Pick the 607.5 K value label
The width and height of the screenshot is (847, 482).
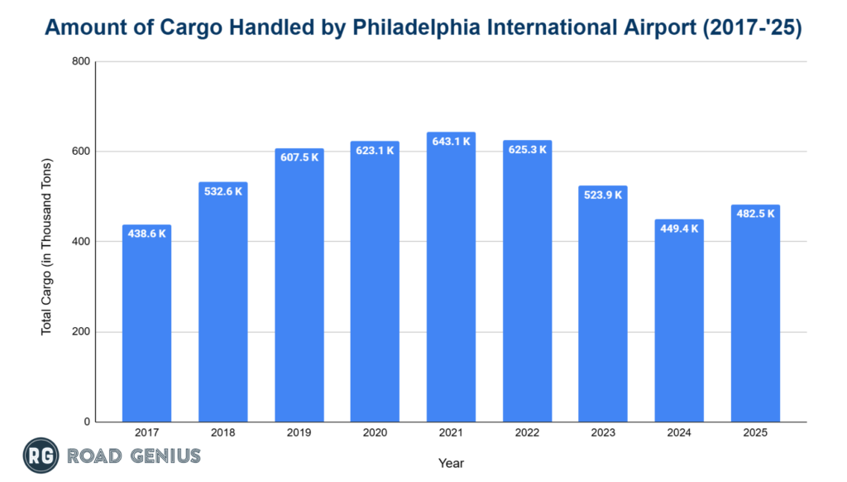(299, 157)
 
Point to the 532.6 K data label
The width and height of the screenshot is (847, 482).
(223, 191)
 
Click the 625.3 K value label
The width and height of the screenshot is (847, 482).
(527, 150)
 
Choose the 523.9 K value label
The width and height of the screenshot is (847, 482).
(603, 195)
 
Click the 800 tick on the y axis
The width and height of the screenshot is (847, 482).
(81, 61)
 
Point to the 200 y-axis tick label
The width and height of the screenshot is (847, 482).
(81, 332)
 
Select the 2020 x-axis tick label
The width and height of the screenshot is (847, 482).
(375, 433)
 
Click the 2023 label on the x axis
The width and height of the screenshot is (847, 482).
(603, 433)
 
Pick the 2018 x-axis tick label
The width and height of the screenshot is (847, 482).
(223, 433)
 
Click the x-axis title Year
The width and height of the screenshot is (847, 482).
(451, 463)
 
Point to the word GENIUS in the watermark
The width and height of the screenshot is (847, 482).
(163, 455)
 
